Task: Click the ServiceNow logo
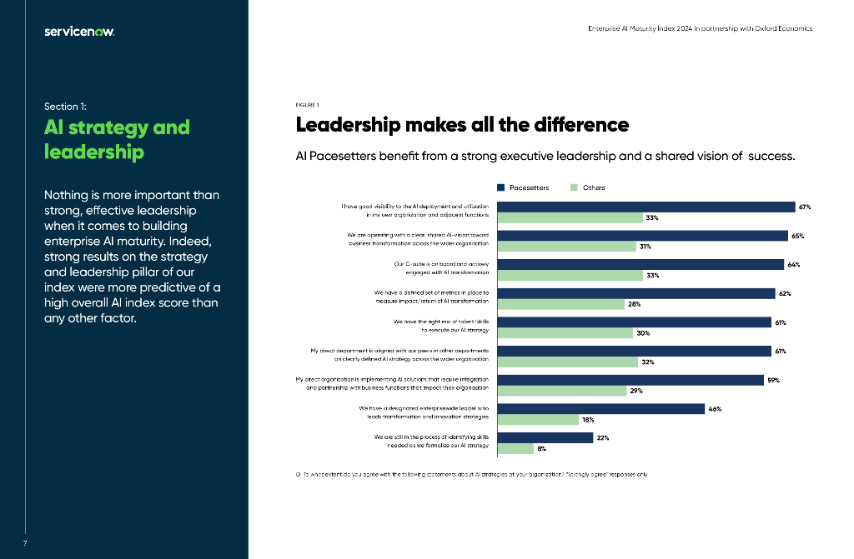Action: pos(79,32)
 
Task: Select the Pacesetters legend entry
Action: pos(523,187)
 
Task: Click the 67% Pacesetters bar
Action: pos(646,207)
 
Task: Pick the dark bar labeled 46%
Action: pos(601,409)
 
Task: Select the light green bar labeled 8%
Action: pos(515,449)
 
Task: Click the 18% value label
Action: pos(587,420)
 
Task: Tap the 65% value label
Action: pos(797,236)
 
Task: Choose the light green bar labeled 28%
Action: pos(561,304)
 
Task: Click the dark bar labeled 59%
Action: pos(631,380)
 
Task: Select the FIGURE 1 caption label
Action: pos(308,105)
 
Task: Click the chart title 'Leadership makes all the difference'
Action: pos(462,125)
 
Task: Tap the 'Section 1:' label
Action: pos(65,106)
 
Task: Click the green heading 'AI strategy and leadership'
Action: pos(117,139)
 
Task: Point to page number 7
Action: pos(25,543)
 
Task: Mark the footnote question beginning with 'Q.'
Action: pos(471,474)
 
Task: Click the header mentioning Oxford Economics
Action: pos(700,28)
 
